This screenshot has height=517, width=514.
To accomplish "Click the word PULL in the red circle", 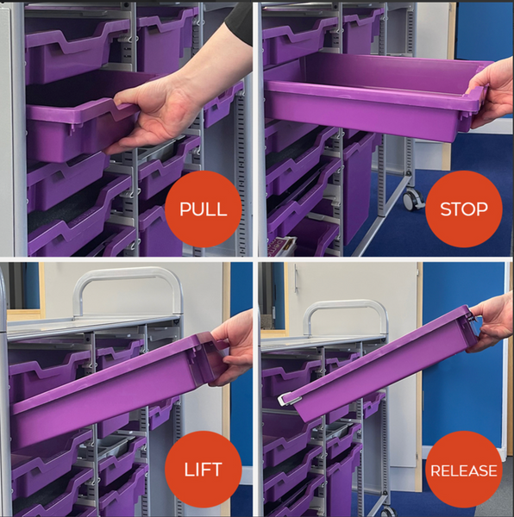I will [204, 210].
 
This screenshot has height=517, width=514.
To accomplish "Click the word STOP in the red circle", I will [463, 209].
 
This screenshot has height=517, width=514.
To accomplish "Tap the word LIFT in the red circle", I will [204, 470].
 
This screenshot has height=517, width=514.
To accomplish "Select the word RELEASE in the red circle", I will [464, 470].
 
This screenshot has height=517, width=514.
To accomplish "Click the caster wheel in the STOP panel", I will [413, 199].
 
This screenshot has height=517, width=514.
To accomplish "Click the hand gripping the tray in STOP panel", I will [494, 91].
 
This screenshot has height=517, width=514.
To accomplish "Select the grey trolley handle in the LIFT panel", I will [129, 277].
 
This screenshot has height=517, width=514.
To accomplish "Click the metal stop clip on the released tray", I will [291, 400].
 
